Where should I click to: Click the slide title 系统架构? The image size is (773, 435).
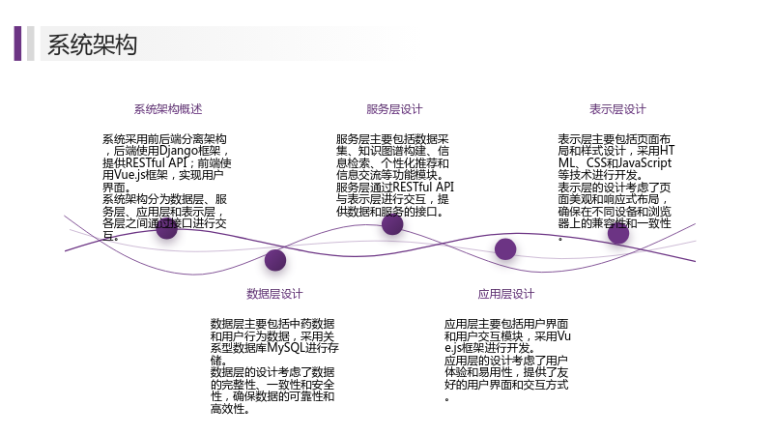coord(92,44)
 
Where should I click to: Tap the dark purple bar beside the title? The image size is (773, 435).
coord(17,43)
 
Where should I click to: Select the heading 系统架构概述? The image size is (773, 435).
coord(168,109)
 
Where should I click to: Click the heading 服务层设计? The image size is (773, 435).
coord(394,109)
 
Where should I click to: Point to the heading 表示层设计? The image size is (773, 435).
coord(617,109)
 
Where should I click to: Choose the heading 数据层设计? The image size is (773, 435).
coord(274,294)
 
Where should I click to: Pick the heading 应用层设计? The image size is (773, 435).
coord(505,294)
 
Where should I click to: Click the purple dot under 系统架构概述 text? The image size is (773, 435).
coord(166,228)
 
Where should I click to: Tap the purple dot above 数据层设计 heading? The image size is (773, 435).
coord(275,260)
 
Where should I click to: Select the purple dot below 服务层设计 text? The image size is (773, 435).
coord(392,224)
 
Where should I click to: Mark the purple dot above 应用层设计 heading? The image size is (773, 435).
coord(505,249)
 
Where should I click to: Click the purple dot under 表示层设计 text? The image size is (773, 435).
coord(618,233)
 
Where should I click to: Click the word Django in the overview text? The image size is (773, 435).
coord(178,151)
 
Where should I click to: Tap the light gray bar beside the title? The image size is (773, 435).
coord(31,43)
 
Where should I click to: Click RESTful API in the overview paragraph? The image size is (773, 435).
coord(157,162)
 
